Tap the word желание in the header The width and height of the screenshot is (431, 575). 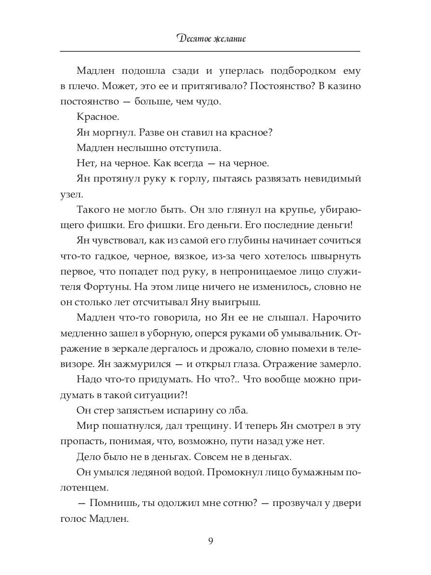(227, 38)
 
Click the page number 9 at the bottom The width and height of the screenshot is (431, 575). (211, 541)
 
